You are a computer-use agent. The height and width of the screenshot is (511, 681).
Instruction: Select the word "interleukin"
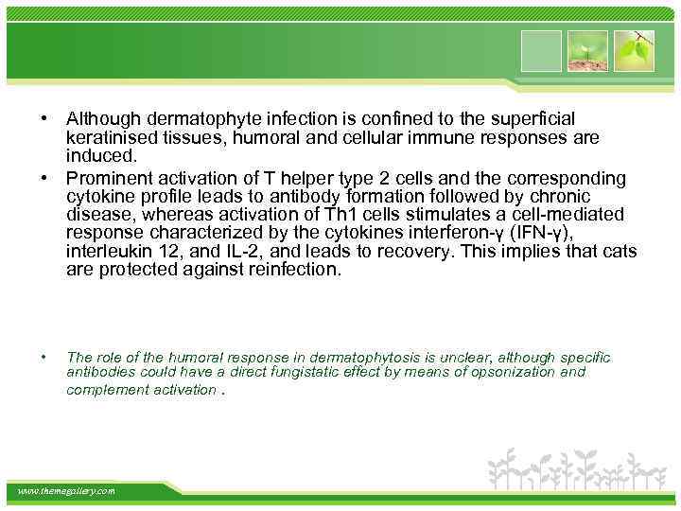(106, 253)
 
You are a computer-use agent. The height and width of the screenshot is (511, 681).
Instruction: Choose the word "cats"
(617, 253)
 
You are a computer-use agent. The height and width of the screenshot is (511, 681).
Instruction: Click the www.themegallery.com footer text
(66, 491)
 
